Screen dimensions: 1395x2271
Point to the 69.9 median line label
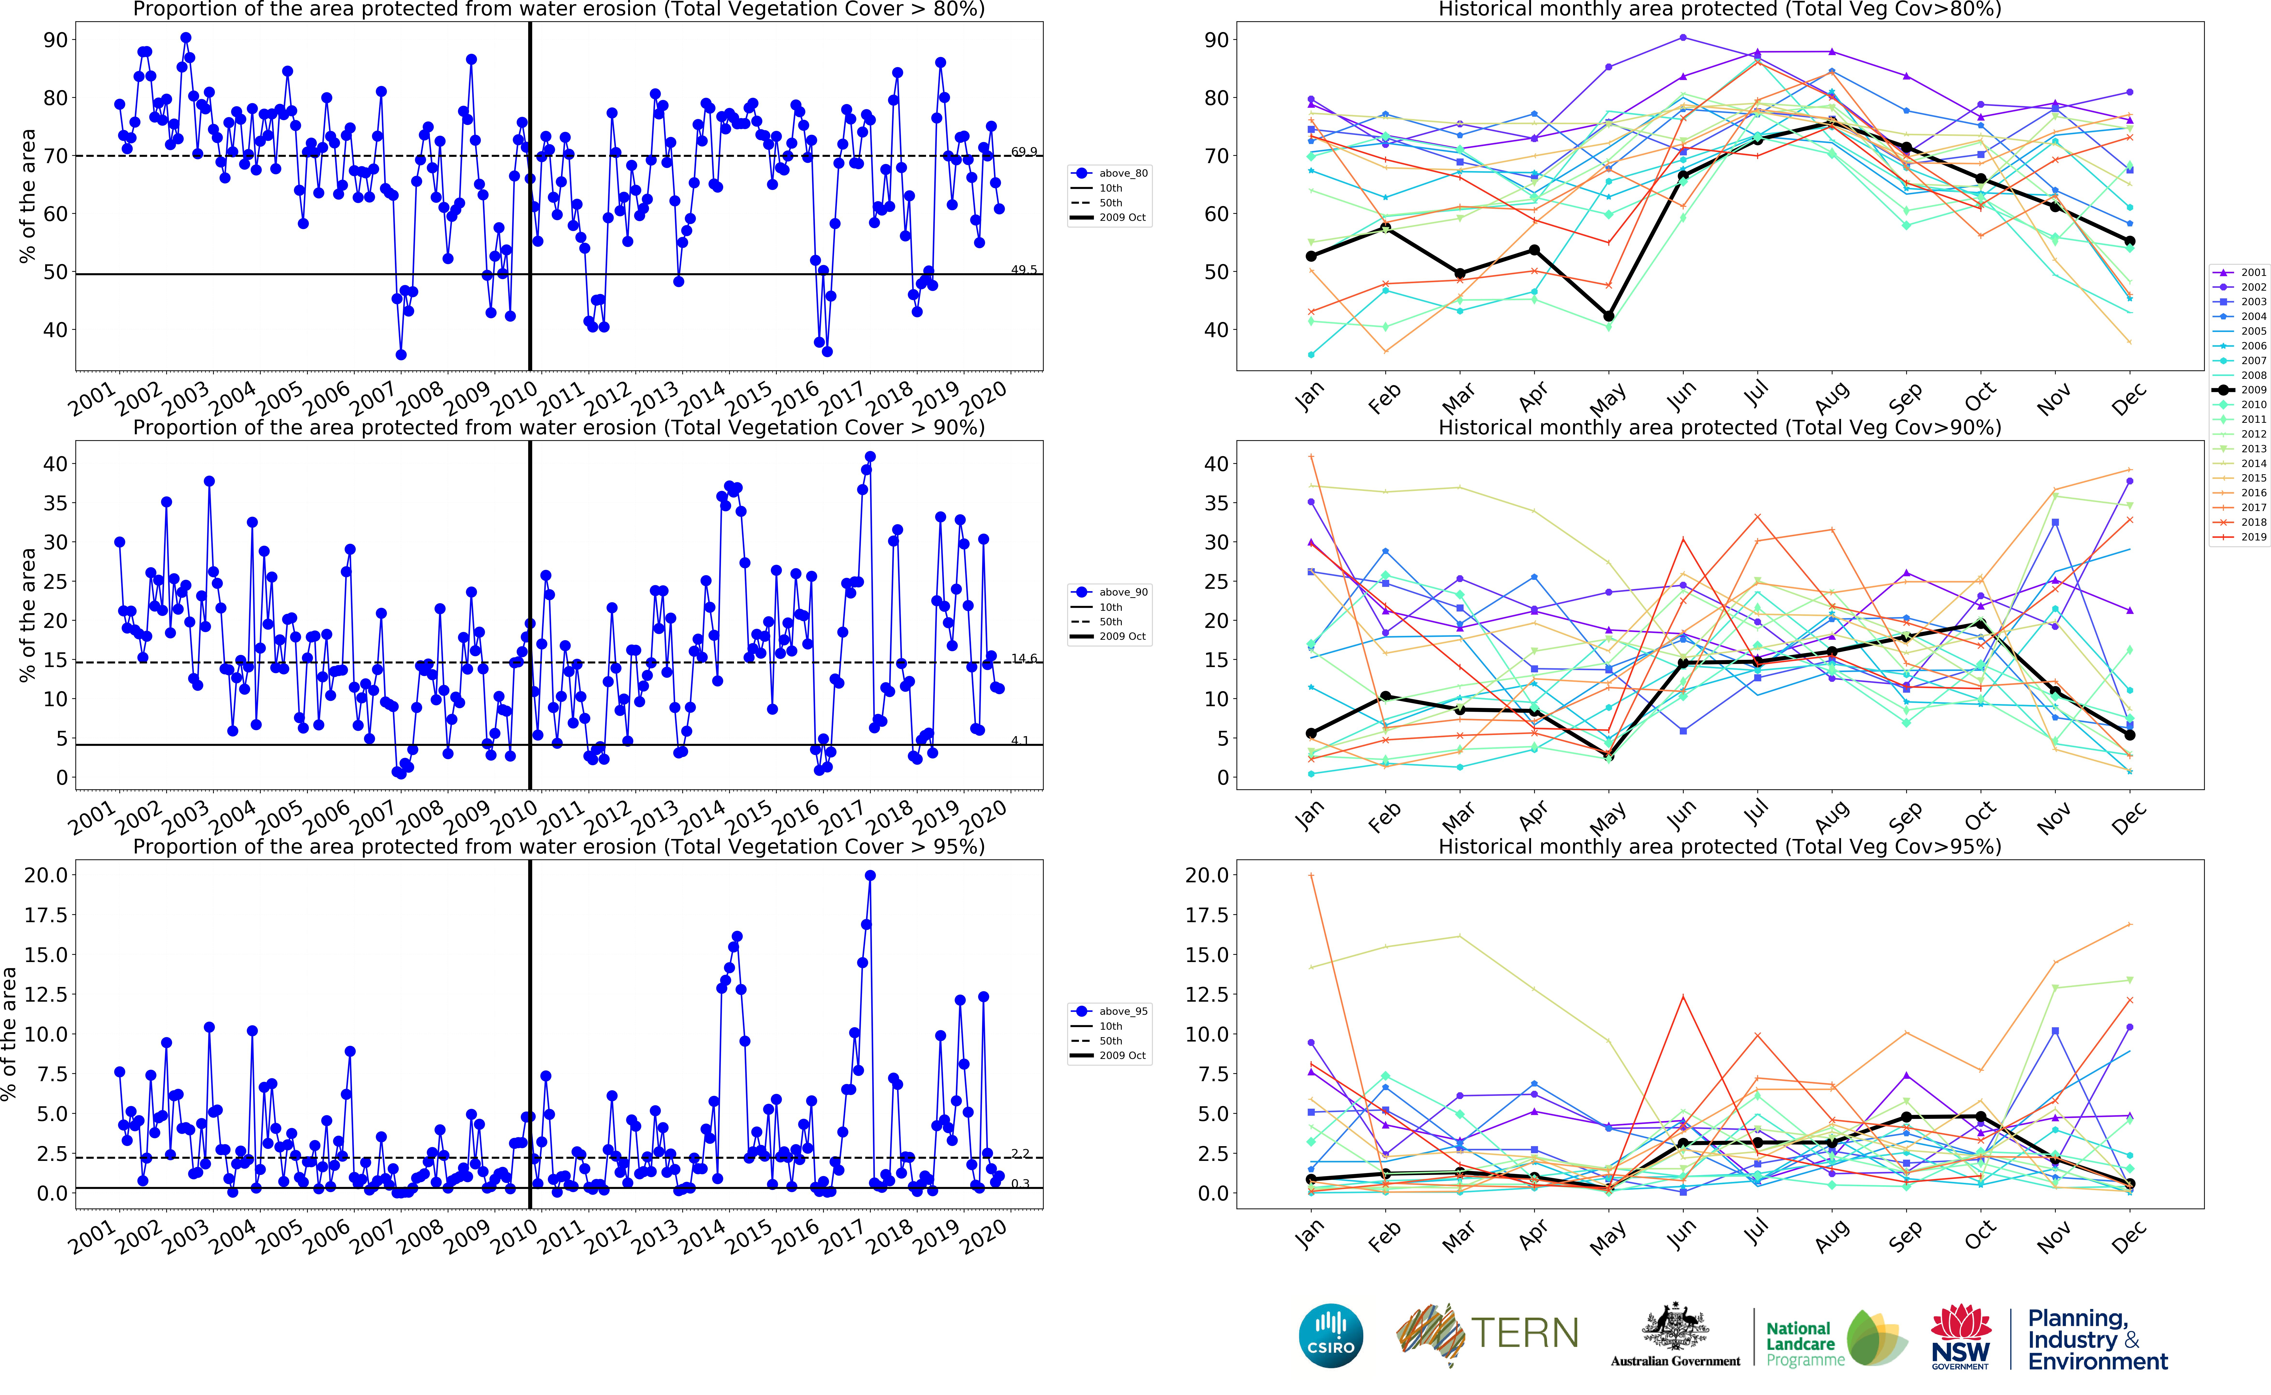[x=1024, y=151]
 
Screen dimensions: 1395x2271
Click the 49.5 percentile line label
[x=1024, y=269]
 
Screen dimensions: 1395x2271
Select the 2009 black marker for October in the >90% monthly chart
[x=1980, y=625]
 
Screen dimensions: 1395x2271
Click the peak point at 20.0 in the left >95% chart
[x=870, y=876]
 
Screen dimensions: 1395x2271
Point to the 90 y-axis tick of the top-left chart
[x=55, y=40]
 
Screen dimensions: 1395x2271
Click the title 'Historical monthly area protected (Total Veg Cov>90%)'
[x=1719, y=427]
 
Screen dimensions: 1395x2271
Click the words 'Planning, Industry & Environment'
[x=2097, y=1340]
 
